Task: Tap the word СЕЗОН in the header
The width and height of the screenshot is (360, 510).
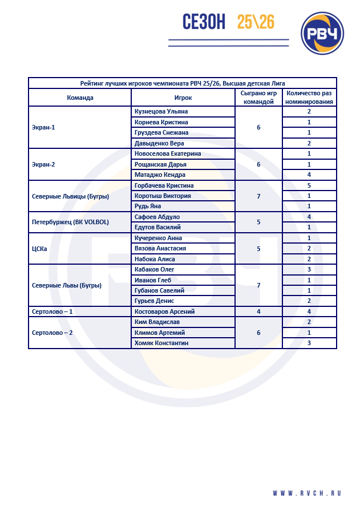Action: [204, 22]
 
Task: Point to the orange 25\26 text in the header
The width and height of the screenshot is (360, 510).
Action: [256, 22]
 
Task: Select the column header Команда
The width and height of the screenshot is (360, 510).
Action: [80, 98]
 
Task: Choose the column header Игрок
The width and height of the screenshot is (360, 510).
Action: [183, 98]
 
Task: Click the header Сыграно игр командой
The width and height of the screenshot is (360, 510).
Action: [258, 97]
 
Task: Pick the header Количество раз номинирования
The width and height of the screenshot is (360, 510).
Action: [309, 97]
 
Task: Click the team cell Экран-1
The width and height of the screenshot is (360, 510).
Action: [43, 127]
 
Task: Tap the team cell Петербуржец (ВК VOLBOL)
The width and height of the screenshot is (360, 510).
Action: [70, 222]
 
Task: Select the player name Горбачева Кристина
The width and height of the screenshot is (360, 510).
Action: [164, 185]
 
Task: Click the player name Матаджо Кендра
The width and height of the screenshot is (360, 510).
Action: [160, 175]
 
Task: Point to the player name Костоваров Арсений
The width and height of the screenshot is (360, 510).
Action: [164, 311]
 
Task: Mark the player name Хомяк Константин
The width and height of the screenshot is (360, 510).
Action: [161, 343]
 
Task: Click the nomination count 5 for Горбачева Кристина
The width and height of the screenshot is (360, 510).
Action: [309, 185]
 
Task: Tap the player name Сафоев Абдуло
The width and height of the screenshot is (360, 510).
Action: [157, 217]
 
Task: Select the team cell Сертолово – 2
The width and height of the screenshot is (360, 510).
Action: [52, 333]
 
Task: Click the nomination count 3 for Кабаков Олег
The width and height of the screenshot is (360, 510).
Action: [309, 269]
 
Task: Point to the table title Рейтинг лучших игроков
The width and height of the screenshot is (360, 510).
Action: [183, 83]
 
